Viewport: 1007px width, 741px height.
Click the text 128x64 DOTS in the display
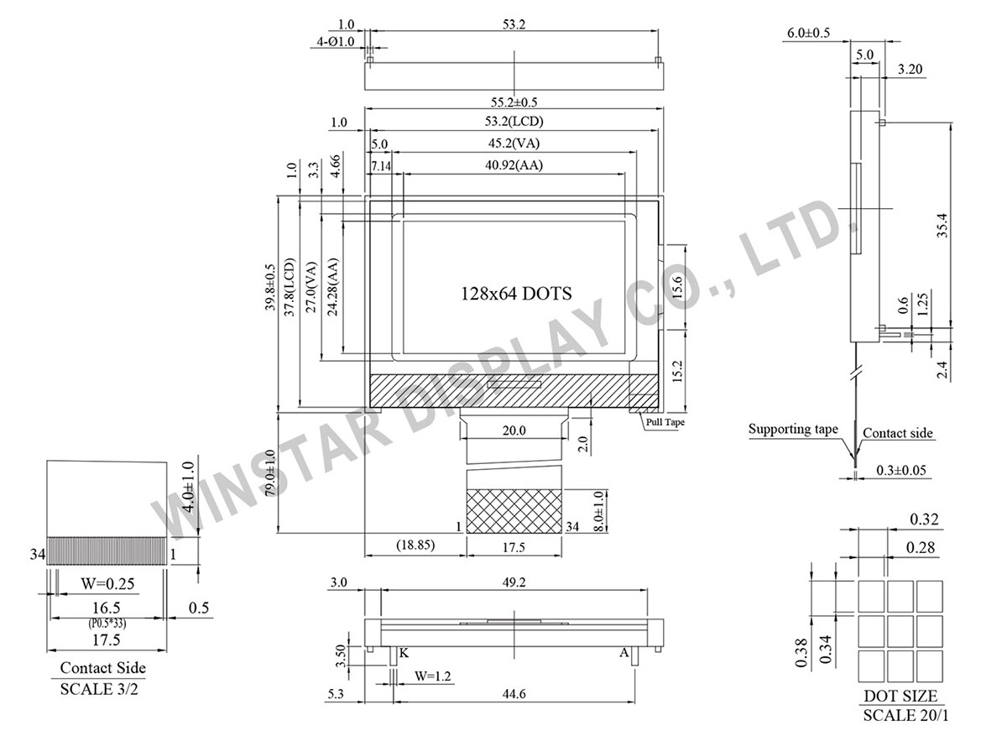click(x=516, y=294)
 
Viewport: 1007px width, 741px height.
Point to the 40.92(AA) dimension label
click(x=514, y=165)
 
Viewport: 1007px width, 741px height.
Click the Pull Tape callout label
click(x=665, y=423)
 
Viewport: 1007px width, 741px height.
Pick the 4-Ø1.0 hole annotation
click(x=334, y=40)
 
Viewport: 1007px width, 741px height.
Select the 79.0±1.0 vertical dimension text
click(x=269, y=473)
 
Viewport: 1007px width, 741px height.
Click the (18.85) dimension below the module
click(x=415, y=545)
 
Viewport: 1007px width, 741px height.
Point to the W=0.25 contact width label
click(x=107, y=582)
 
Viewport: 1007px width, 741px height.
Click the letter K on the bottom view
click(x=404, y=653)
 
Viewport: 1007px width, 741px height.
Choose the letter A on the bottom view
click(x=624, y=653)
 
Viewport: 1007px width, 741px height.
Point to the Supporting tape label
click(x=793, y=430)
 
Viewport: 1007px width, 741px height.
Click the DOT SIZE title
click(x=900, y=697)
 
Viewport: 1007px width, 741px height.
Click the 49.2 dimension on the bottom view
click(x=514, y=582)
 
